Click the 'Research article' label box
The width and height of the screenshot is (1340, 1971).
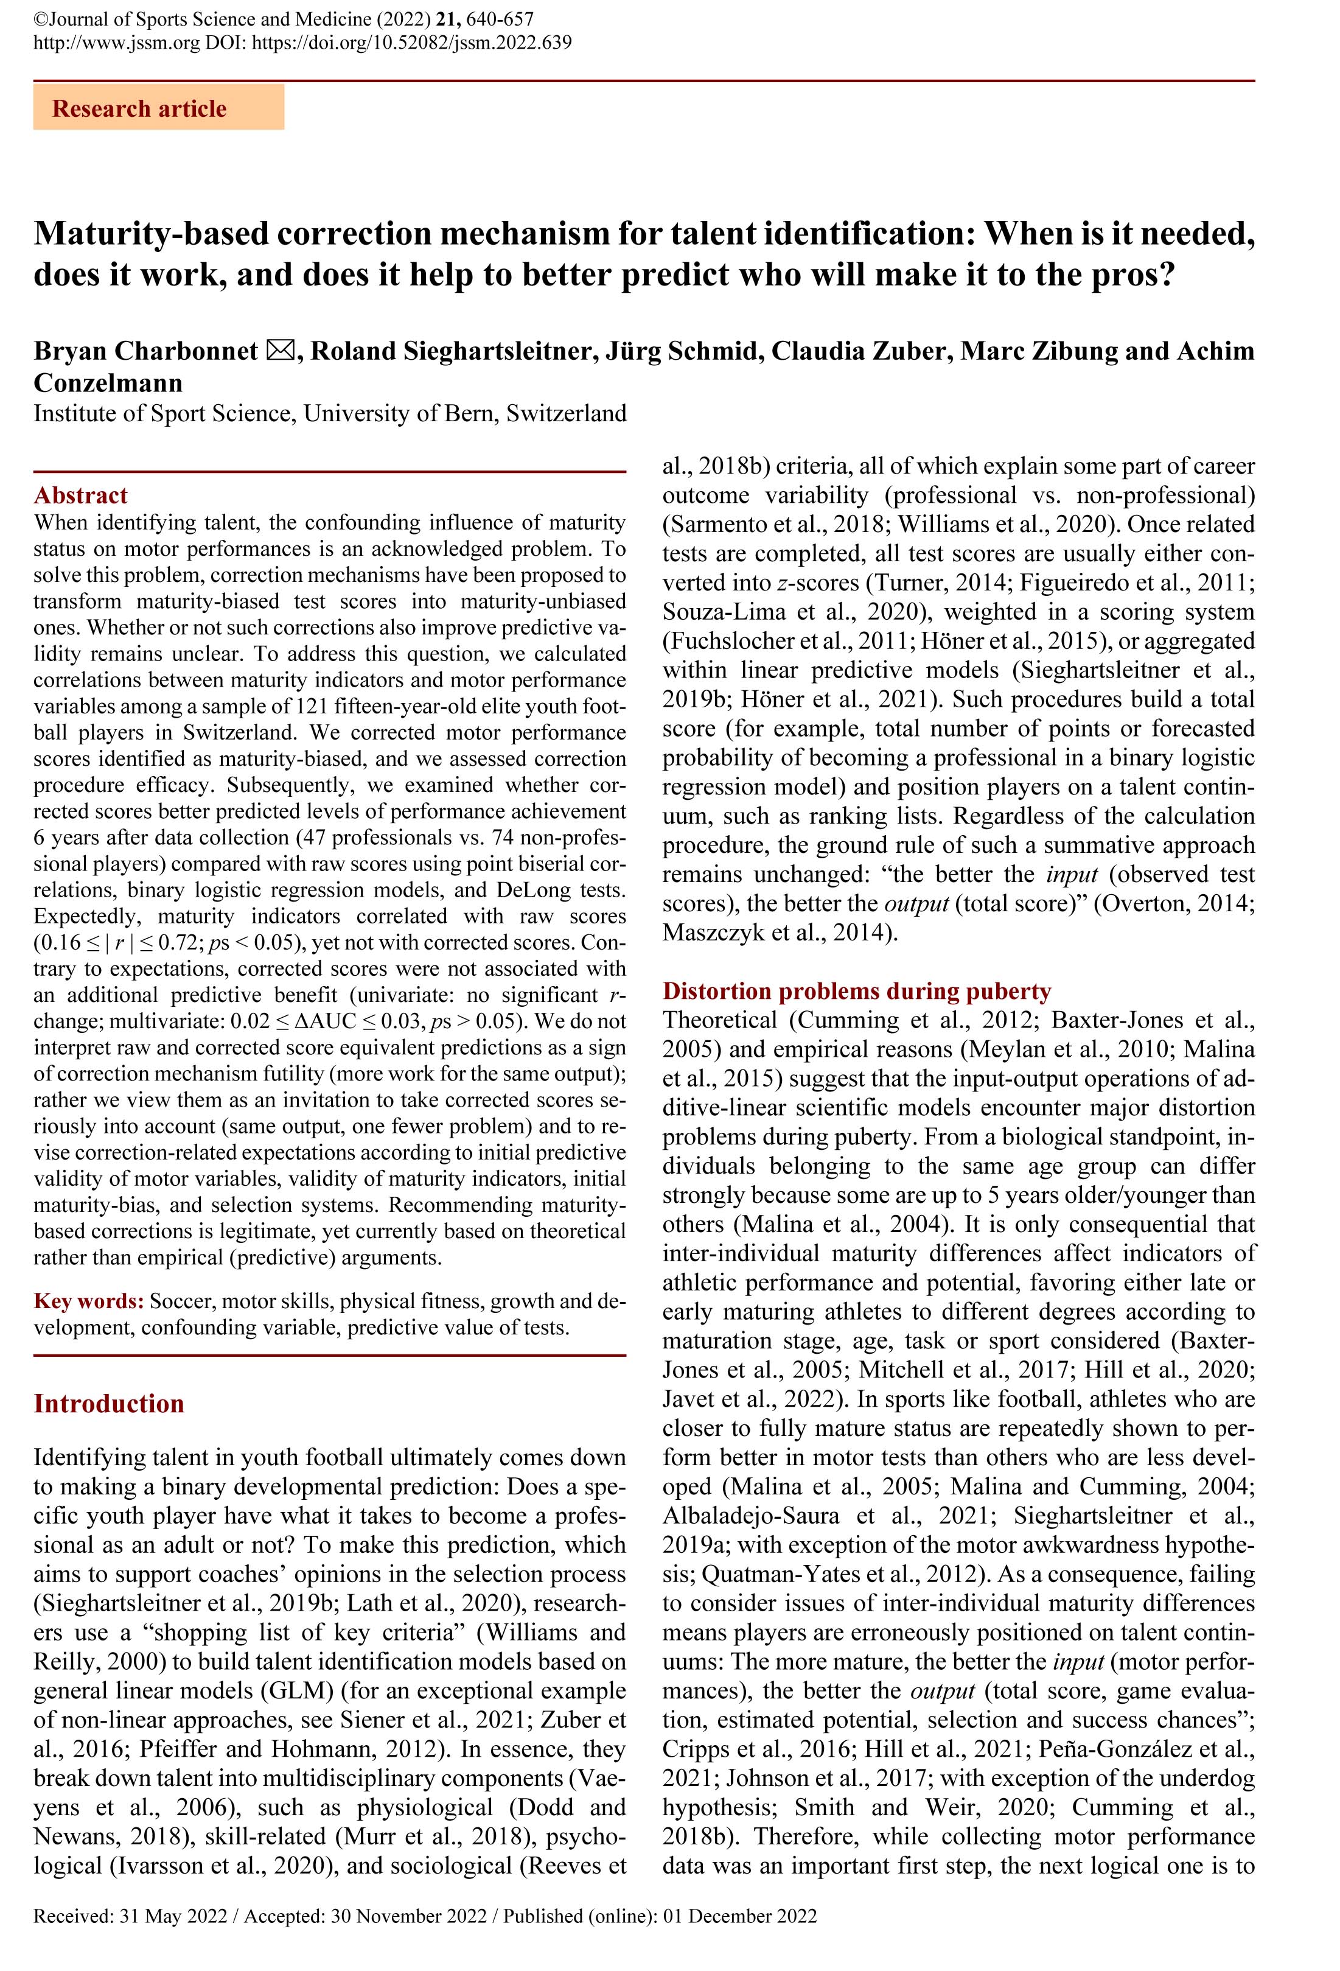pos(158,108)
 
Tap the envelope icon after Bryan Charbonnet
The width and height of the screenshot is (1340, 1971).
pos(280,350)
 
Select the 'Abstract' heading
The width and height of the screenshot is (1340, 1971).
pos(80,495)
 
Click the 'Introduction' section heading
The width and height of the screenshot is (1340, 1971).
pos(108,1404)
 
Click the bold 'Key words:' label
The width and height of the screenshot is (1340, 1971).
pos(88,1301)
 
